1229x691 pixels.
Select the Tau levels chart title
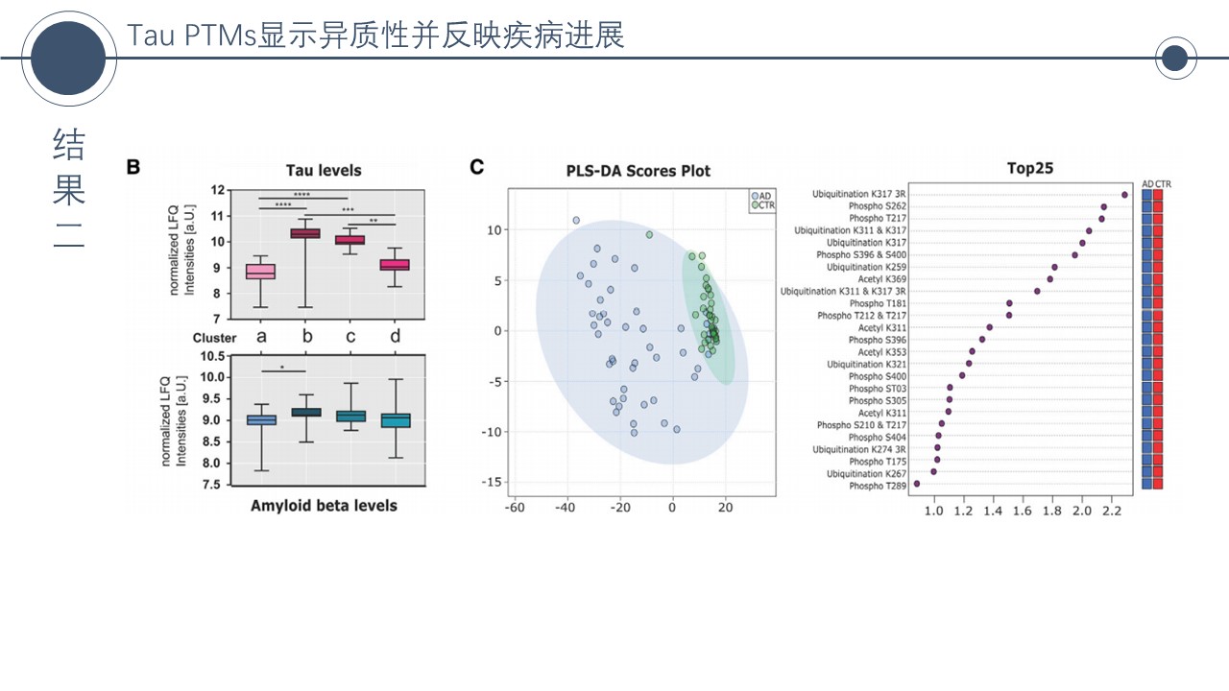tap(324, 170)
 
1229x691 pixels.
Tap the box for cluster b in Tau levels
tap(305, 233)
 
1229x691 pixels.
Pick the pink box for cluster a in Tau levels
tap(260, 272)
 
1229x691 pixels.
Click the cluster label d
tap(395, 337)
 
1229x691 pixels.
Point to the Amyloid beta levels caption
tap(324, 505)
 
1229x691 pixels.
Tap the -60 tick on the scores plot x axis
tap(514, 507)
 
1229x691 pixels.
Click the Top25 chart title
tap(1029, 169)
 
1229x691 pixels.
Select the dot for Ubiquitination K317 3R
tap(1124, 195)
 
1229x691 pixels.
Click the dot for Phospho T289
tap(917, 484)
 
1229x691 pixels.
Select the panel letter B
tap(133, 167)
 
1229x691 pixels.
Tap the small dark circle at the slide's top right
tap(1174, 60)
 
